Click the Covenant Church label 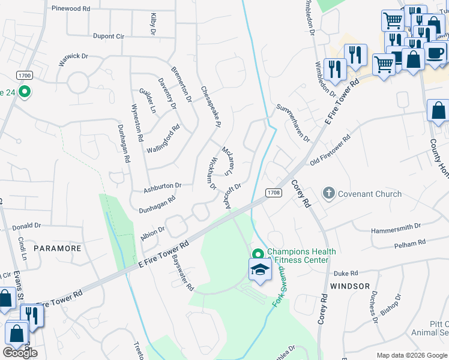(x=370, y=194)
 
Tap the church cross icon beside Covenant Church (x=328, y=194)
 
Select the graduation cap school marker (x=260, y=270)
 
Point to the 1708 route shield (x=274, y=193)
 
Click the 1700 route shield (x=25, y=76)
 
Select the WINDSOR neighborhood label (x=350, y=286)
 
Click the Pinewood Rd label (x=71, y=9)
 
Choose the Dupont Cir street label (x=108, y=36)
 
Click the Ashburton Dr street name (x=162, y=188)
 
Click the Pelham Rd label (x=410, y=245)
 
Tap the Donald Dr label (x=26, y=226)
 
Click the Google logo (x=20, y=352)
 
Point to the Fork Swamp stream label (x=279, y=289)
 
